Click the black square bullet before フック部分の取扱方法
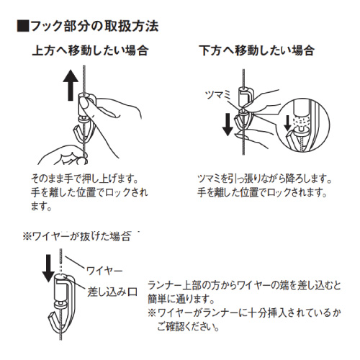23,27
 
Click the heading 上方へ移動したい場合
91,51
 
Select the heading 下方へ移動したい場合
257,51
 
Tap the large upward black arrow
71,85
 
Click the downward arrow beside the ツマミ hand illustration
228,125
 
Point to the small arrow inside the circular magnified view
287,123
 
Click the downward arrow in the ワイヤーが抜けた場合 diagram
48,269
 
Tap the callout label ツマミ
218,95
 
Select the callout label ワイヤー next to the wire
104,271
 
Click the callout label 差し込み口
112,292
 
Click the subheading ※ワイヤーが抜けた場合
77,236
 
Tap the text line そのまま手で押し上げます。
85,179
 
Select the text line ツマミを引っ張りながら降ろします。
265,179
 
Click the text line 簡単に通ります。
181,299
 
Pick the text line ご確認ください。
188,326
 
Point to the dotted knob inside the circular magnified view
302,121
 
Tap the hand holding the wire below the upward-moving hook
63,156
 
